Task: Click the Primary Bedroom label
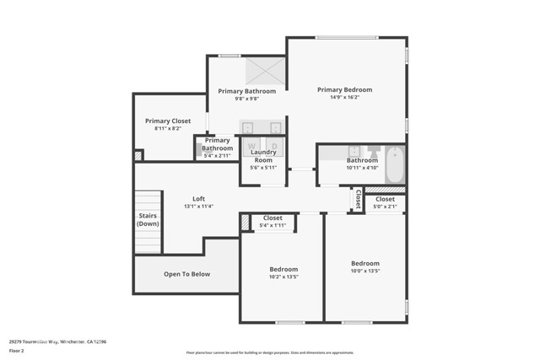pos(344,89)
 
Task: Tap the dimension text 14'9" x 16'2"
pos(344,98)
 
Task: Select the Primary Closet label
pos(168,121)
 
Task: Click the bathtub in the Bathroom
pos(395,164)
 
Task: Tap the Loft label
pos(198,199)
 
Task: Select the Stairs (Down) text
pos(148,219)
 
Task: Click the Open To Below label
pos(186,274)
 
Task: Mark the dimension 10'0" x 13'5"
pos(365,271)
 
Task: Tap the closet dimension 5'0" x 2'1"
pos(385,207)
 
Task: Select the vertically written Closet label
pos(358,200)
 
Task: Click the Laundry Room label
pos(263,156)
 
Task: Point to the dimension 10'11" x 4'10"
pos(361,168)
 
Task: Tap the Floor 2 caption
pos(16,350)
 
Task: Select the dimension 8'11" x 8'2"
pos(168,129)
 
